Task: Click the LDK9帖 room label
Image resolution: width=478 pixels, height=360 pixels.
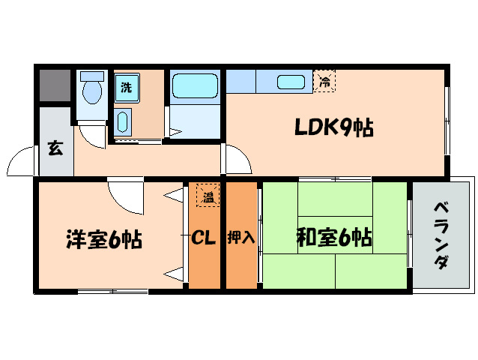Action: coord(333,128)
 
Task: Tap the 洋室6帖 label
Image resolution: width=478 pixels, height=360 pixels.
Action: coord(103,239)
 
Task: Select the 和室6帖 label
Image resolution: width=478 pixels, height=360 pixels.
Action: coord(333,238)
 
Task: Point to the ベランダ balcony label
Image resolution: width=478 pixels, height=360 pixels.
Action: coord(442,235)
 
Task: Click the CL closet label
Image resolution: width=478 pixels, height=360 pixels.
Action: coord(203,238)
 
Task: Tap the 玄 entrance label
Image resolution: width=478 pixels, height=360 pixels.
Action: coord(55,148)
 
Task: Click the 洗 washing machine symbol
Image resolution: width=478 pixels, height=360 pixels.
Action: coord(126,86)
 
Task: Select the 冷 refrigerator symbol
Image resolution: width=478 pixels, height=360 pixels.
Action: coord(324,80)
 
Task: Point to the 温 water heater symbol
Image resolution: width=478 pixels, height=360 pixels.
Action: coord(208,196)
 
